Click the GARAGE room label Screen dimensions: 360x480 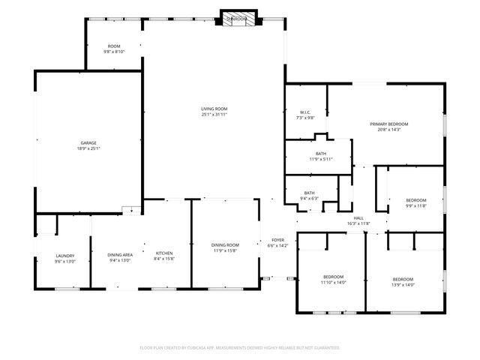click(88, 142)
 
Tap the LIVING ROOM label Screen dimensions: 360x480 click(214, 109)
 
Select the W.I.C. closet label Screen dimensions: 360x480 click(305, 112)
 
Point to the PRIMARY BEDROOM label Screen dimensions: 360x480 click(389, 124)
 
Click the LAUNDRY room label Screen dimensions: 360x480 click(45, 256)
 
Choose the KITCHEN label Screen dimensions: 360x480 click(164, 253)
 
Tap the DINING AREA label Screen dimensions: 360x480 click(120, 255)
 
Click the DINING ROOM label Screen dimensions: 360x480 click(225, 245)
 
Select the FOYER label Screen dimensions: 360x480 click(277, 241)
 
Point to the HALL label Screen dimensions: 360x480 click(358, 218)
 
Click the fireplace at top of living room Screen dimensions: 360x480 click(238, 19)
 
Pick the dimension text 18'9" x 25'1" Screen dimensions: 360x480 click(88, 148)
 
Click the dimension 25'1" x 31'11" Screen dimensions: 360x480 click(214, 115)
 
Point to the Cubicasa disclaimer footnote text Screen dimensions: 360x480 click(240, 348)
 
